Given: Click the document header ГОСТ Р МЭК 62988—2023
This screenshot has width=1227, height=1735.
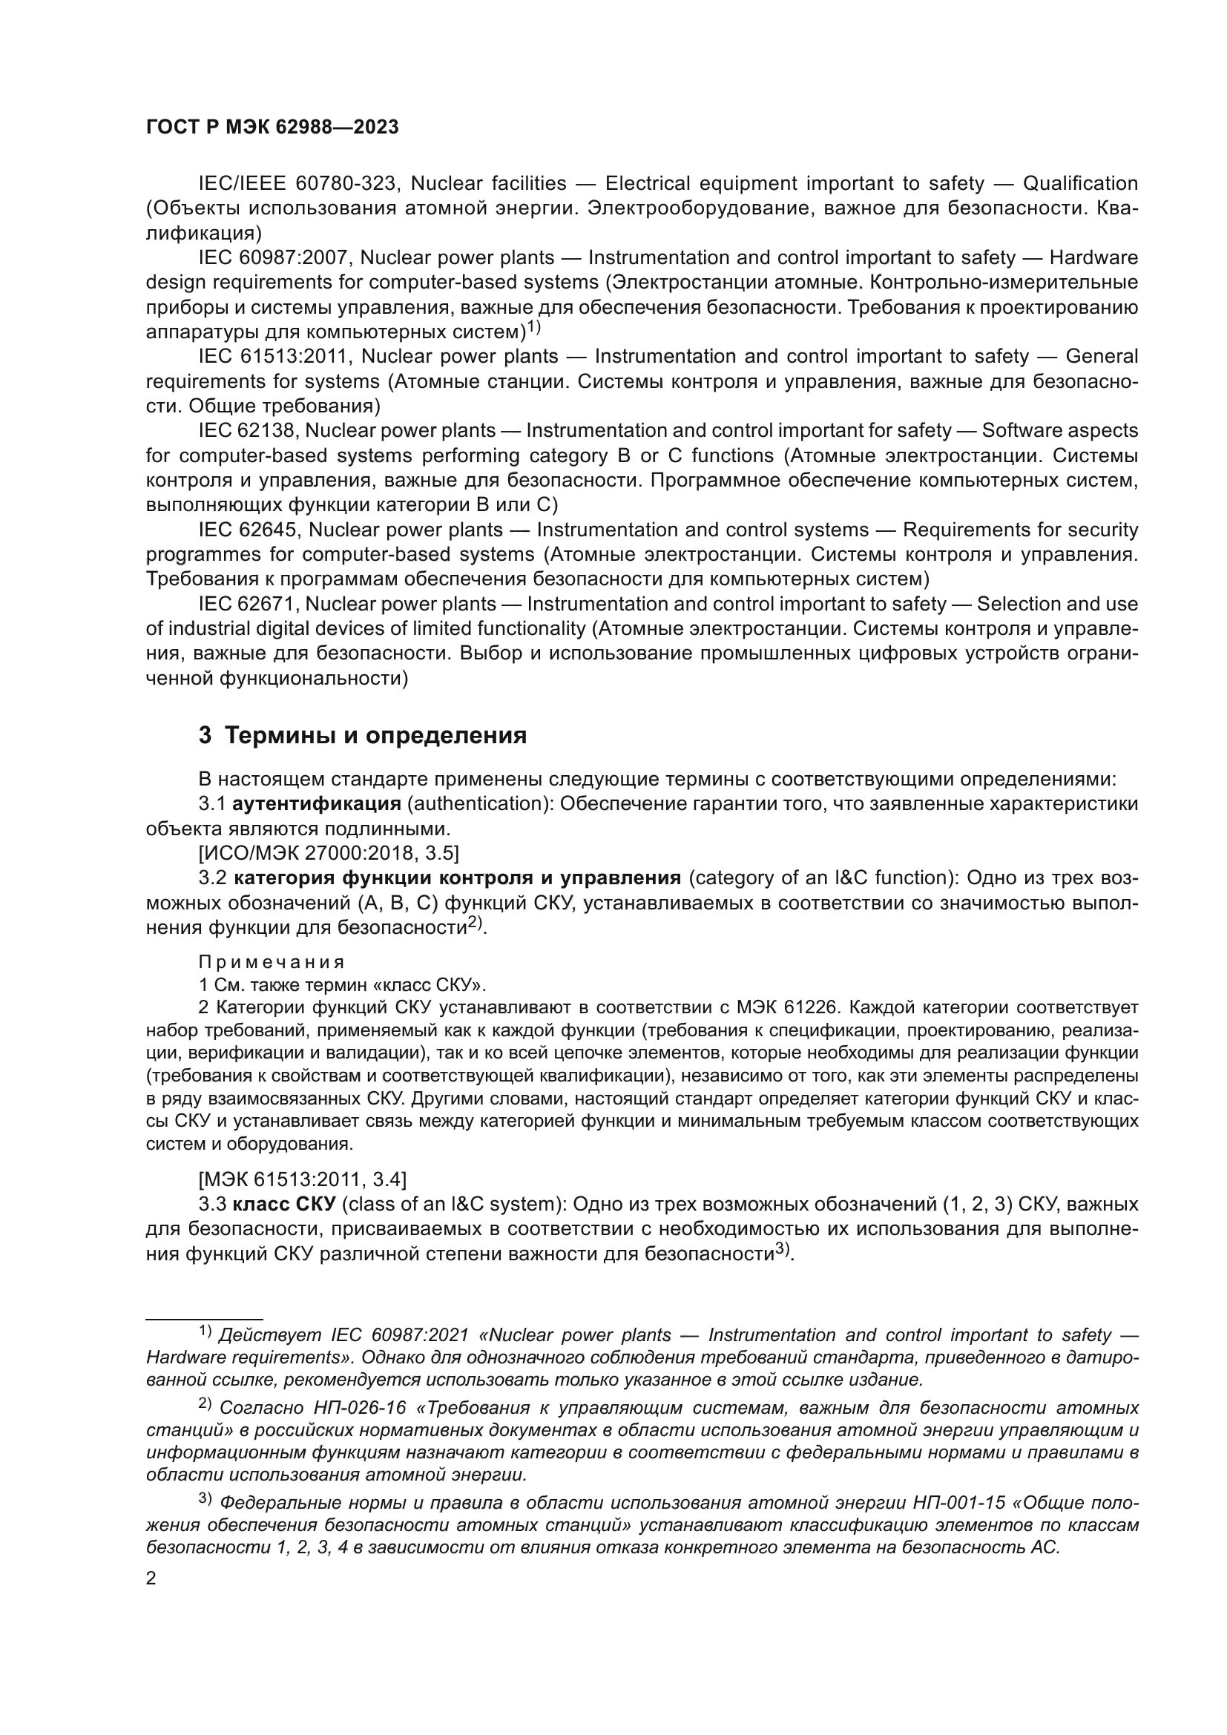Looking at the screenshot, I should coord(272,127).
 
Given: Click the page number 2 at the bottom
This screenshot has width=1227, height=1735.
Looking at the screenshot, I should coord(151,1578).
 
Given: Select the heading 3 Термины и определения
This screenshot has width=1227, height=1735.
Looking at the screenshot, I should coord(363,735).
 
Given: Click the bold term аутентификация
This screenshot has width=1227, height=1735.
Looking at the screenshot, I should coord(317,803).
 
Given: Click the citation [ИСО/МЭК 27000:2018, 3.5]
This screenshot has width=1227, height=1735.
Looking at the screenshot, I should coord(329,853).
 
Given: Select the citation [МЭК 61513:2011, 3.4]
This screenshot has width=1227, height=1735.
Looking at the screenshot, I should coord(302,1179).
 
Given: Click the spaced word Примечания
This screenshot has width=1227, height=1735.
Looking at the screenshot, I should coord(272,962).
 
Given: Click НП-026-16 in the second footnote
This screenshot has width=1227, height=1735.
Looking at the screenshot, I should coord(359,1408).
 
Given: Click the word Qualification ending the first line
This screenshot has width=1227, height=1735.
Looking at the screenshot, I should coord(1080,184).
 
